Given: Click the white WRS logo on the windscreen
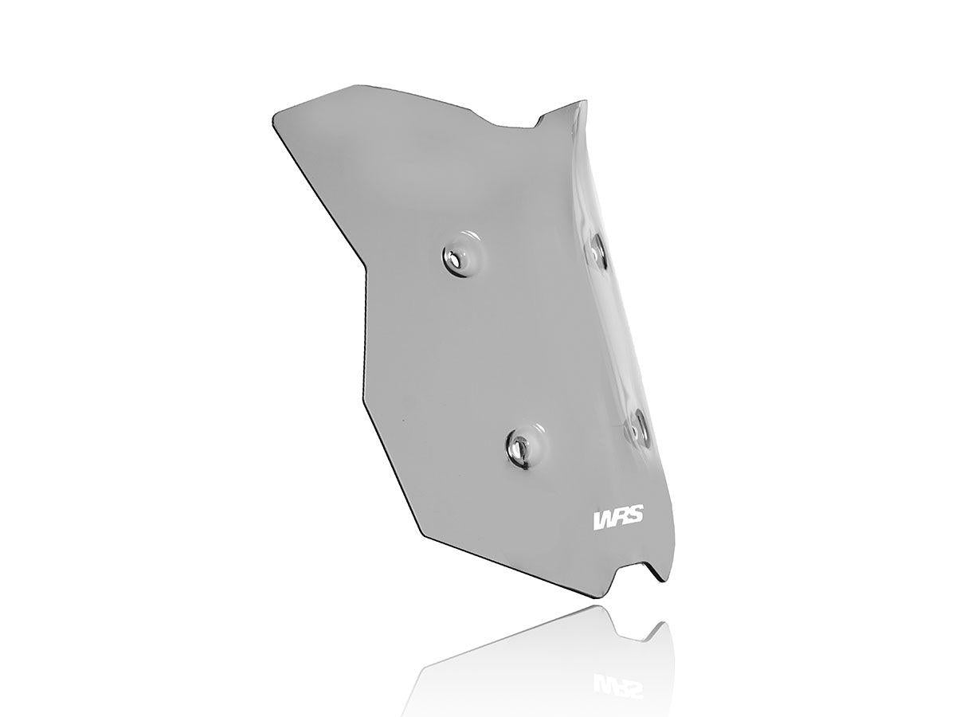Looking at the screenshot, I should coord(619,519).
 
